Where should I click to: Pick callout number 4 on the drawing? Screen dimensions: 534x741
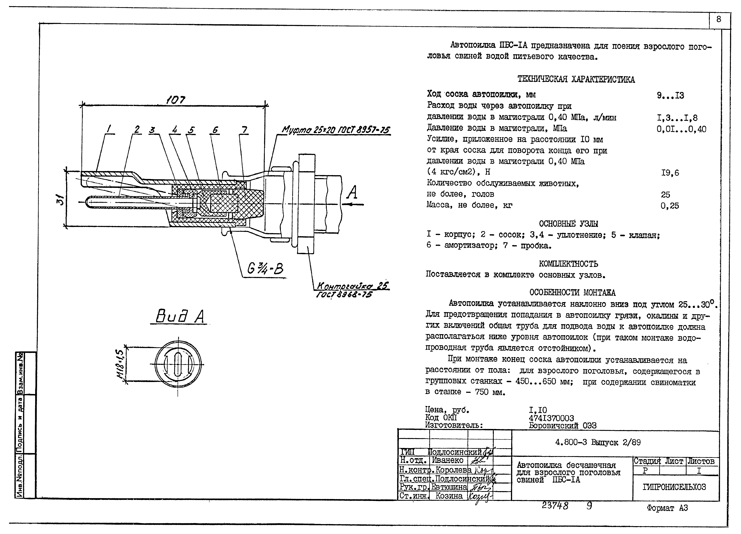[175, 130]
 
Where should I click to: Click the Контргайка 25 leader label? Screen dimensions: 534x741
[353, 286]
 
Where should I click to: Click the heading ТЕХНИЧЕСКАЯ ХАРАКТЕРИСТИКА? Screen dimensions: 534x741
[576, 79]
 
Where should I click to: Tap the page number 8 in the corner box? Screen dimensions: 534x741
[719, 20]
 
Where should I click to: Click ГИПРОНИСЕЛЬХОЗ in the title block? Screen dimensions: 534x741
[674, 487]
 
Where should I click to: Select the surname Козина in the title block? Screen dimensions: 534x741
[449, 496]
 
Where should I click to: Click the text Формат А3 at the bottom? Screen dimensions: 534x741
[667, 508]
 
